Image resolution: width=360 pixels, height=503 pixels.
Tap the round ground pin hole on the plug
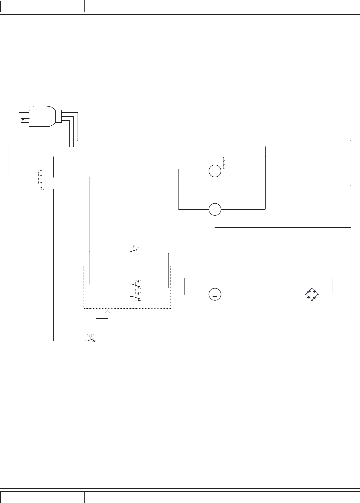click(x=23, y=119)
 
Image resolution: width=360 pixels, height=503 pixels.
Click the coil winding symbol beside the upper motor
click(x=224, y=164)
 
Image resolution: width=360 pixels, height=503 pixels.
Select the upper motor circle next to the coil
click(x=215, y=171)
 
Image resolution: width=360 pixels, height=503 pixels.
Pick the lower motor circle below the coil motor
click(x=215, y=209)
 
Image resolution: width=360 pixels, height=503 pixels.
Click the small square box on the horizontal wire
click(x=215, y=254)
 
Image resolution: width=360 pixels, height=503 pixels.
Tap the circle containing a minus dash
click(x=215, y=294)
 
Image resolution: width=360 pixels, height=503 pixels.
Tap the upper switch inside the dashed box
click(x=136, y=285)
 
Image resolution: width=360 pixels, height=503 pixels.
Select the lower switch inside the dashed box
click(x=135, y=296)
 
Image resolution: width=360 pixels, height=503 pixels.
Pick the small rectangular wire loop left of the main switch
click(x=29, y=179)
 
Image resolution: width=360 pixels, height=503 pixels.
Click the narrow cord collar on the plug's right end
click(x=58, y=116)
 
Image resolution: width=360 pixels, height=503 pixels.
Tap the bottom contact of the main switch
click(x=41, y=188)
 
